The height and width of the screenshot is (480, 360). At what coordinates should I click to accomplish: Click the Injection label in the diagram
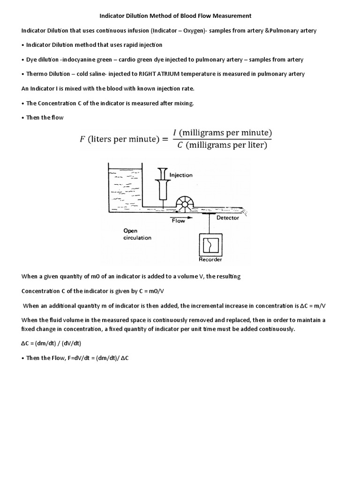[x=181, y=175]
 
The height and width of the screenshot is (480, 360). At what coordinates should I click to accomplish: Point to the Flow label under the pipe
[x=179, y=221]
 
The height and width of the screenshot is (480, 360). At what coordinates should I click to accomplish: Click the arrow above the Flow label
[x=178, y=216]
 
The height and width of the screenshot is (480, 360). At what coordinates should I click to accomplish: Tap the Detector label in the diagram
[x=227, y=217]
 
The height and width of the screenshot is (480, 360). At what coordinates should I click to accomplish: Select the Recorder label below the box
[x=210, y=259]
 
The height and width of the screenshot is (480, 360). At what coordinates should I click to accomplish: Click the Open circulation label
[x=137, y=234]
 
